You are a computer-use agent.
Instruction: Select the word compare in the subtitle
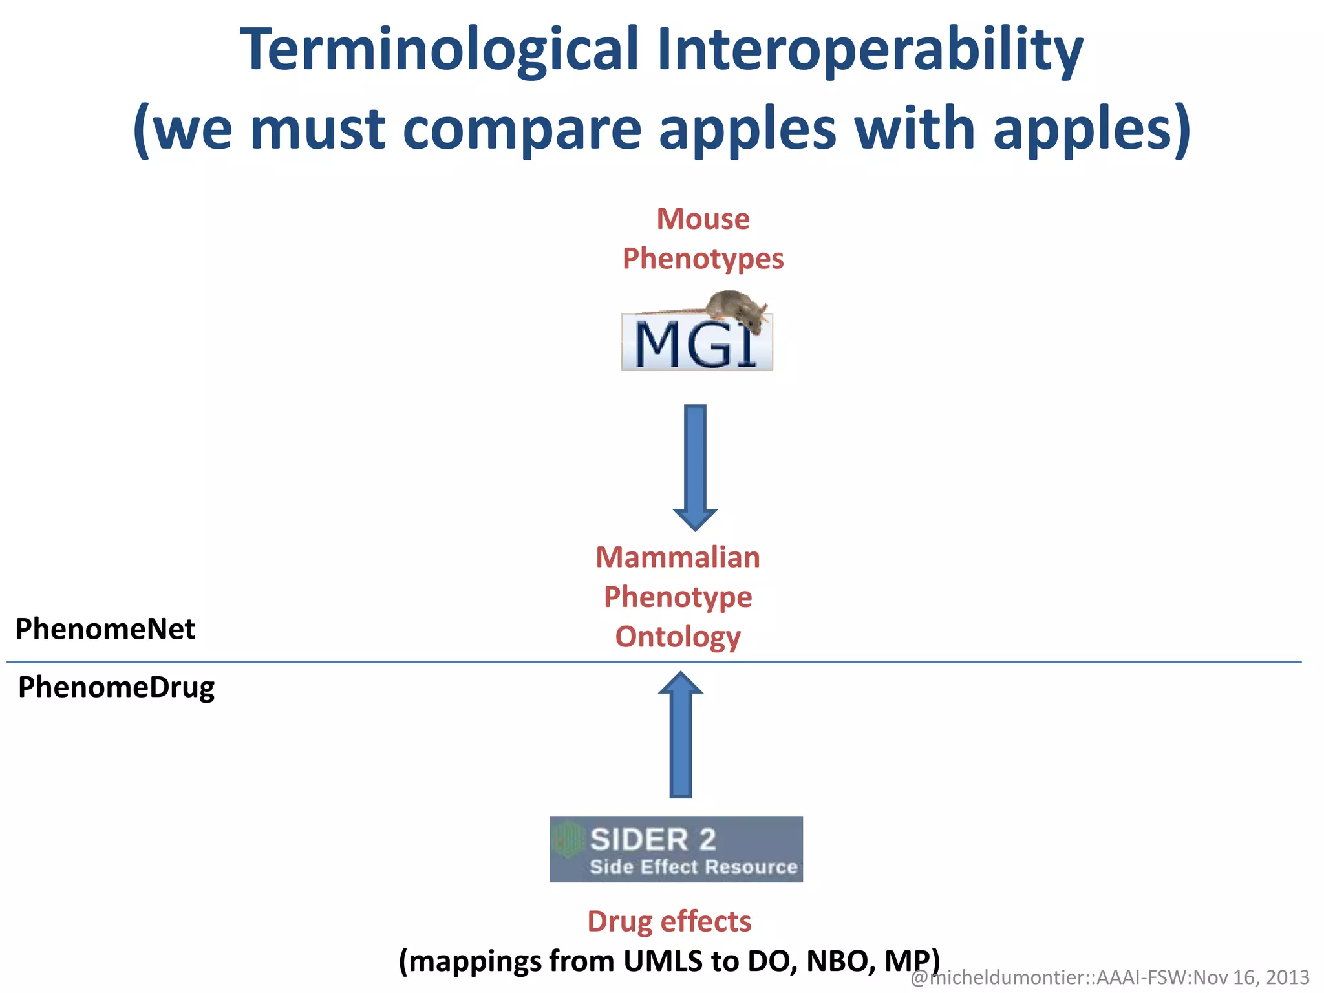pyautogui.click(x=522, y=129)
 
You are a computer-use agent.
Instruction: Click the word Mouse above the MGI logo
pyautogui.click(x=703, y=219)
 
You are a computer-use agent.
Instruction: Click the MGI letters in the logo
pyautogui.click(x=694, y=345)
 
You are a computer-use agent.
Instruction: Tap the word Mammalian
pyautogui.click(x=678, y=557)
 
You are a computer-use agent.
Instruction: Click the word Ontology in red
pyautogui.click(x=678, y=637)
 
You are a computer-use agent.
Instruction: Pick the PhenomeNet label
pyautogui.click(x=105, y=629)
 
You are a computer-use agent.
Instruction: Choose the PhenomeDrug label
pyautogui.click(x=116, y=687)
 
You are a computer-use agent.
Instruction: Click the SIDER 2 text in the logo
pyautogui.click(x=653, y=840)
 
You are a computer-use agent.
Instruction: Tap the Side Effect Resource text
pyautogui.click(x=693, y=867)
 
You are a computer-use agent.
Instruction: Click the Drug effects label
pyautogui.click(x=669, y=921)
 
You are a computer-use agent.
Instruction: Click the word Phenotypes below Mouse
pyautogui.click(x=703, y=259)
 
